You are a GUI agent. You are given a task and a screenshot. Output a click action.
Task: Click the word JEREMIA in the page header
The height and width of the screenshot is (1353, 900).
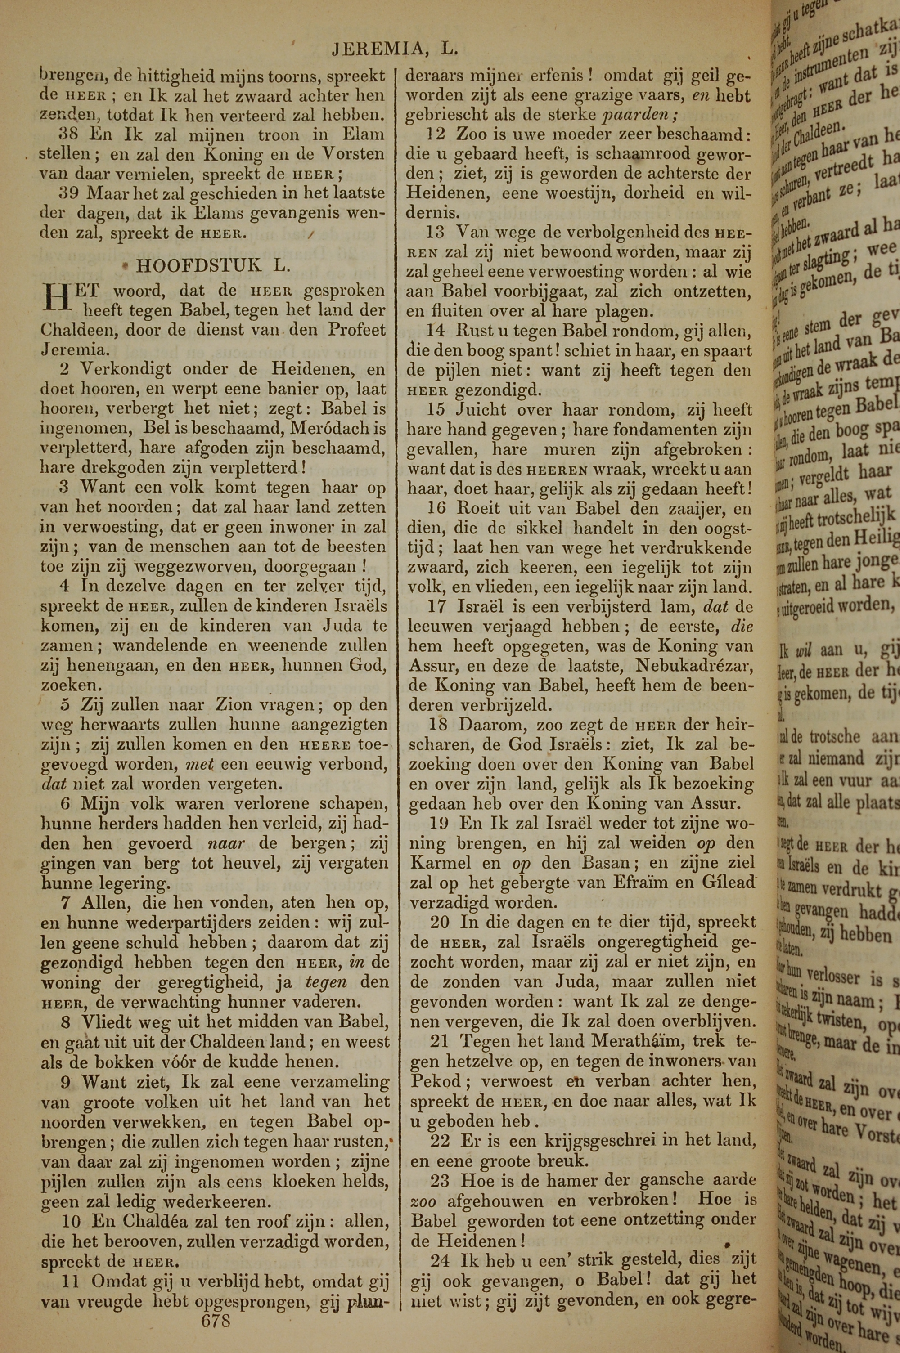point(379,50)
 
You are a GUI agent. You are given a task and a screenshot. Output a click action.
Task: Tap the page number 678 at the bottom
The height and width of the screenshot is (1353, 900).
point(216,1305)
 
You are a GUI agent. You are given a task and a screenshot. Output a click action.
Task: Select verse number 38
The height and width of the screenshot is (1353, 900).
point(69,135)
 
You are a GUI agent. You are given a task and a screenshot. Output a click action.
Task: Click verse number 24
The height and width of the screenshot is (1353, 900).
point(439,1259)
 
